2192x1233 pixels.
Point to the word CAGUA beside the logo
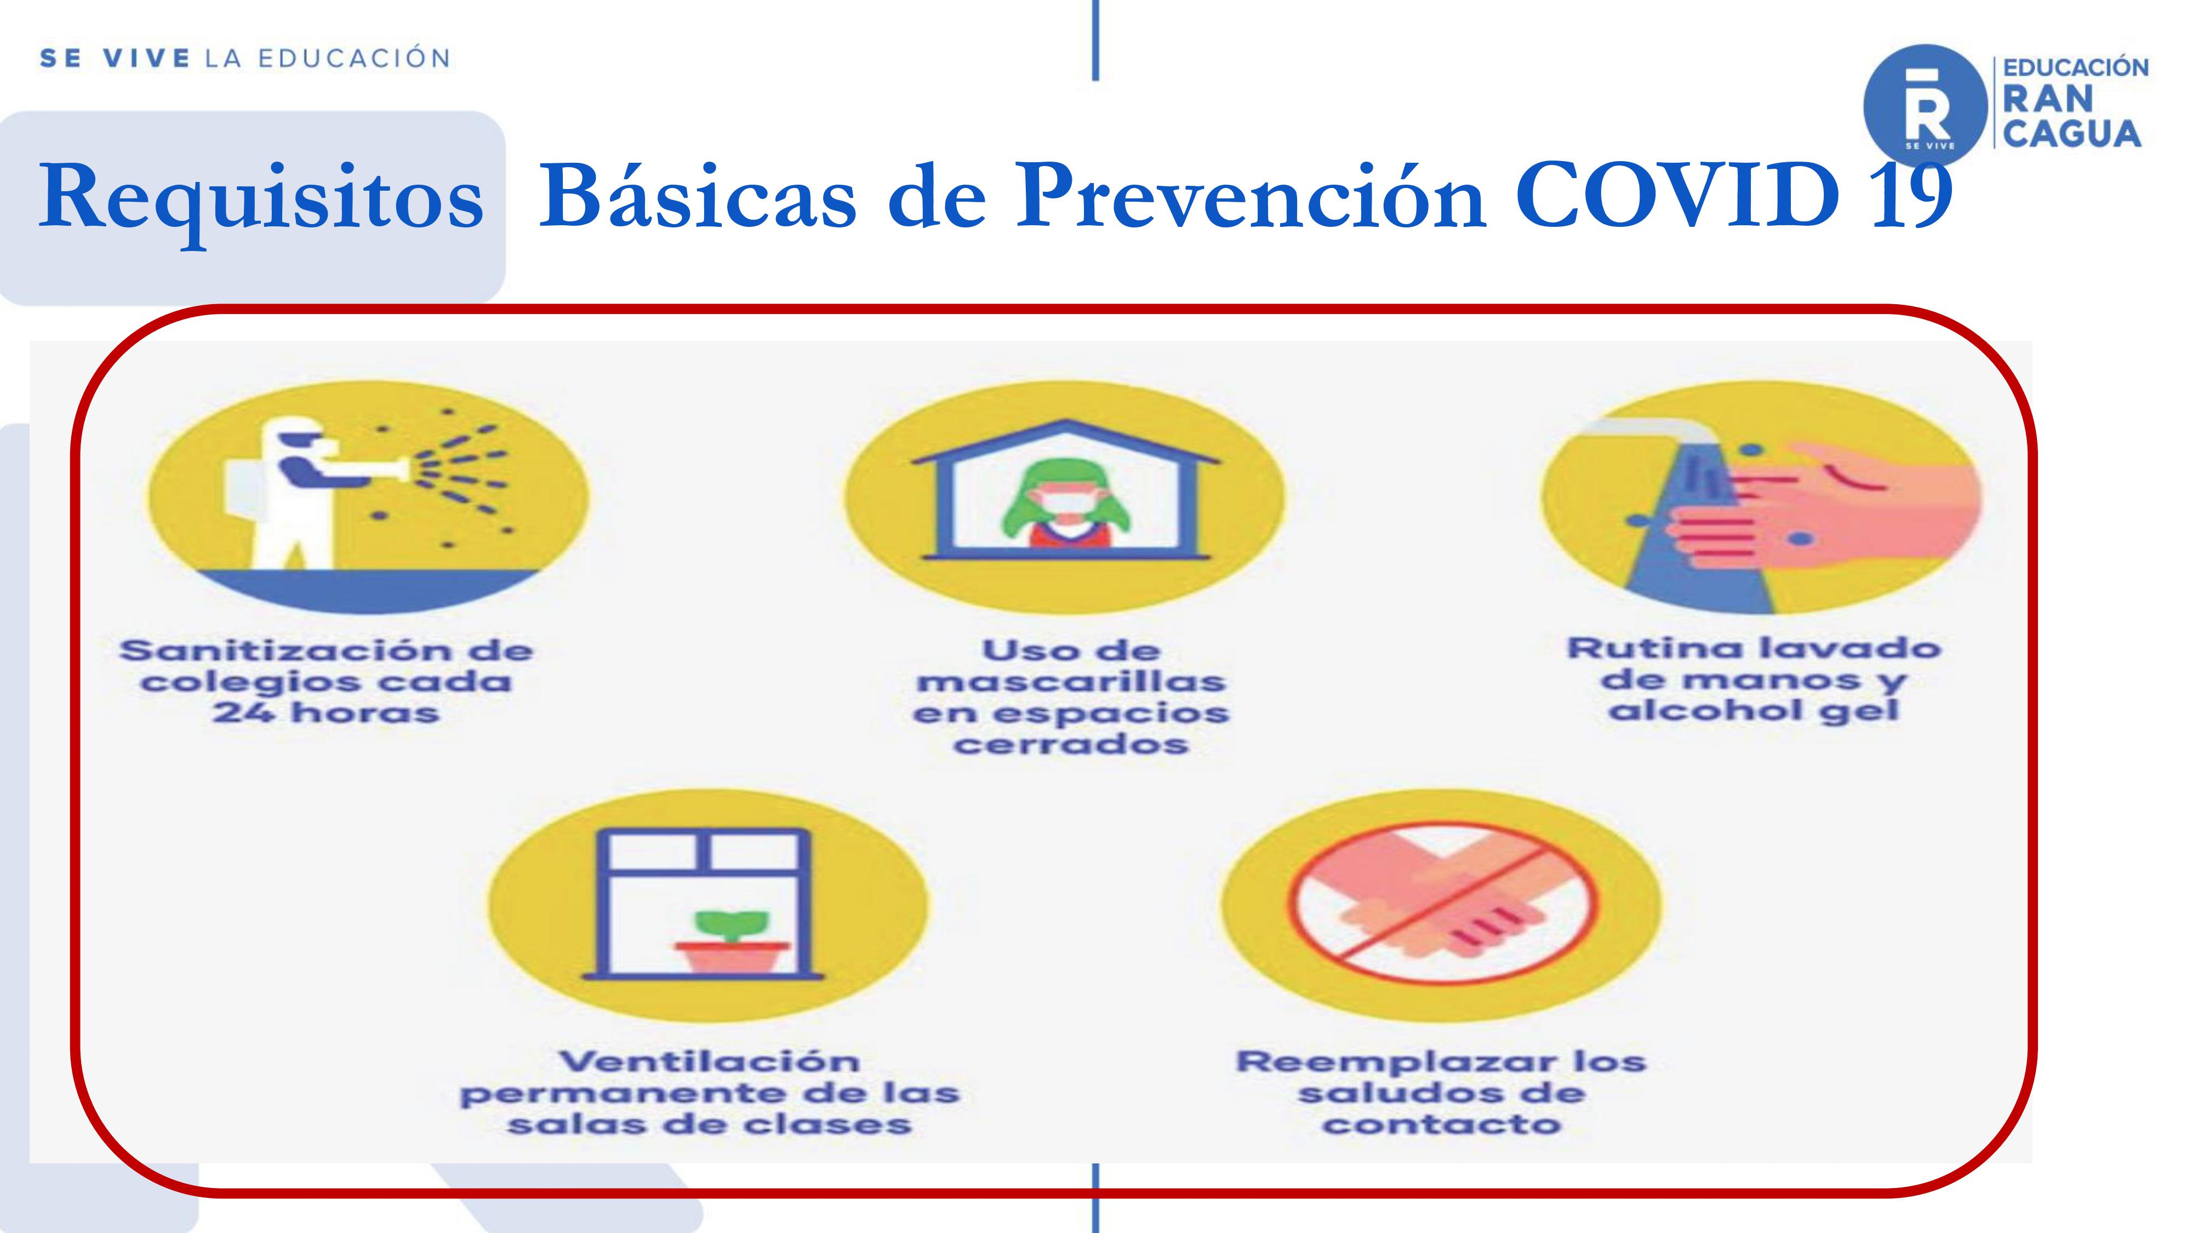tap(2072, 134)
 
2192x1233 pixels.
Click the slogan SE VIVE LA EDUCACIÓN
tap(245, 59)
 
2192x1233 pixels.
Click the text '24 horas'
tap(326, 713)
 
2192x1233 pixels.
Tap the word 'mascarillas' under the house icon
tap(1070, 682)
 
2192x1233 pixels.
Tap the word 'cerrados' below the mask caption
tap(1070, 745)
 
